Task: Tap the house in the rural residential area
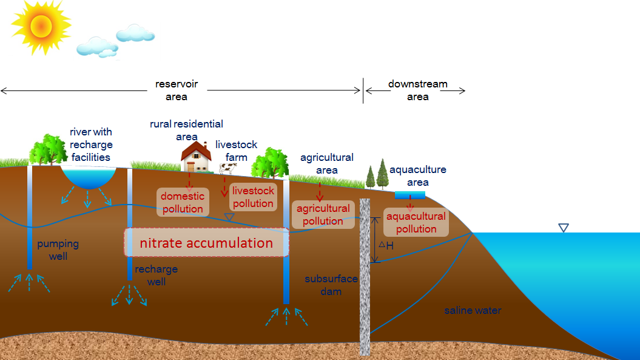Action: pos(195,157)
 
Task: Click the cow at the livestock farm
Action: pos(227,168)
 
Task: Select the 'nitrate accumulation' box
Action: pos(206,243)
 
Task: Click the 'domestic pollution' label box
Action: pos(183,203)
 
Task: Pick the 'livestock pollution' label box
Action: pos(253,197)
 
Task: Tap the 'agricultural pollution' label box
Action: pos(323,215)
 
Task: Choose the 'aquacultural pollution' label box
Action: pos(416,223)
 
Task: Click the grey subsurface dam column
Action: pos(365,276)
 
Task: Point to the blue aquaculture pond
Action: pos(409,195)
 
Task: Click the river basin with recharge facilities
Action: pos(89,177)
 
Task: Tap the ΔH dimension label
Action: pos(386,246)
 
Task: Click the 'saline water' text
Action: pos(473,311)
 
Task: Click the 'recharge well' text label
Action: pos(156,275)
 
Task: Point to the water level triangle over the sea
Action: pos(564,228)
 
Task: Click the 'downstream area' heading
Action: pos(418,90)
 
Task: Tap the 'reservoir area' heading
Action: pos(177,90)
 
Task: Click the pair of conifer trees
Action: pos(377,175)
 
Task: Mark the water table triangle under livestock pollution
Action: pos(229,217)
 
